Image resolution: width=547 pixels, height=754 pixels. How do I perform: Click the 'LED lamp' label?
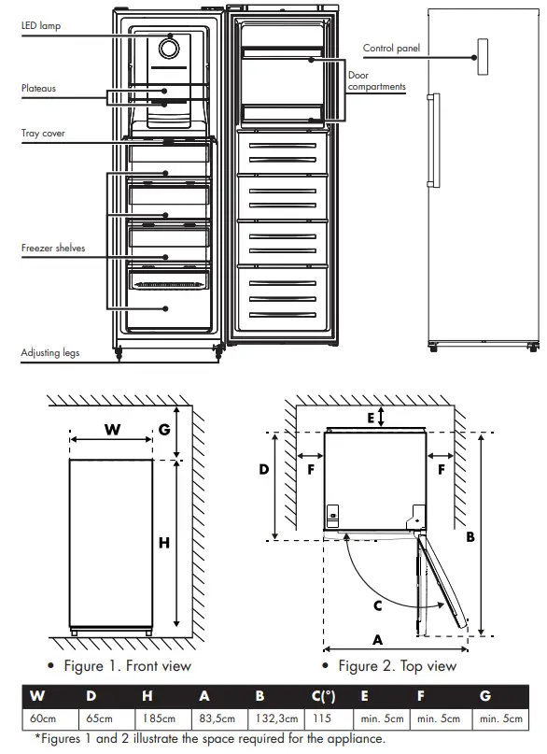pos(40,26)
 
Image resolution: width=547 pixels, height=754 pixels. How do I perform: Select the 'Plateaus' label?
pos(39,89)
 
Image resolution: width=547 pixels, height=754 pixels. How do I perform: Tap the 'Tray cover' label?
pos(43,134)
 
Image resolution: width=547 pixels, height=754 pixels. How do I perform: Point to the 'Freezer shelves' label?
pos(53,249)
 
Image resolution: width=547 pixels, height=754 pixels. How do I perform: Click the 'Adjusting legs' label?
pos(50,354)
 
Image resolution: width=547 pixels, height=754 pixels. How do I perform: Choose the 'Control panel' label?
pos(391,47)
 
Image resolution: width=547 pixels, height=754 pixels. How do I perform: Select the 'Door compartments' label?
pos(376,81)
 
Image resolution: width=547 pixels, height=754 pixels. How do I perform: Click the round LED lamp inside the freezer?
pos(170,49)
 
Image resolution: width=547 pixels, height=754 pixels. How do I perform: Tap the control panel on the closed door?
pos(482,56)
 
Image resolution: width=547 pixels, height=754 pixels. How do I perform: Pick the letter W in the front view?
pos(112,430)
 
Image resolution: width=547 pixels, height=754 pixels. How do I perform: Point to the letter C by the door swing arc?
pos(378,605)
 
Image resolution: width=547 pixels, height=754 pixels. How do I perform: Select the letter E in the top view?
pos(371,419)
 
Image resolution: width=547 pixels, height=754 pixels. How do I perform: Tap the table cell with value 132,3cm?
pos(275,718)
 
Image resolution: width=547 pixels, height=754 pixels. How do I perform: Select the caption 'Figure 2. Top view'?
pos(397,666)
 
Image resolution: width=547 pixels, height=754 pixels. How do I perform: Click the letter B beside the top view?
pos(470,537)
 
